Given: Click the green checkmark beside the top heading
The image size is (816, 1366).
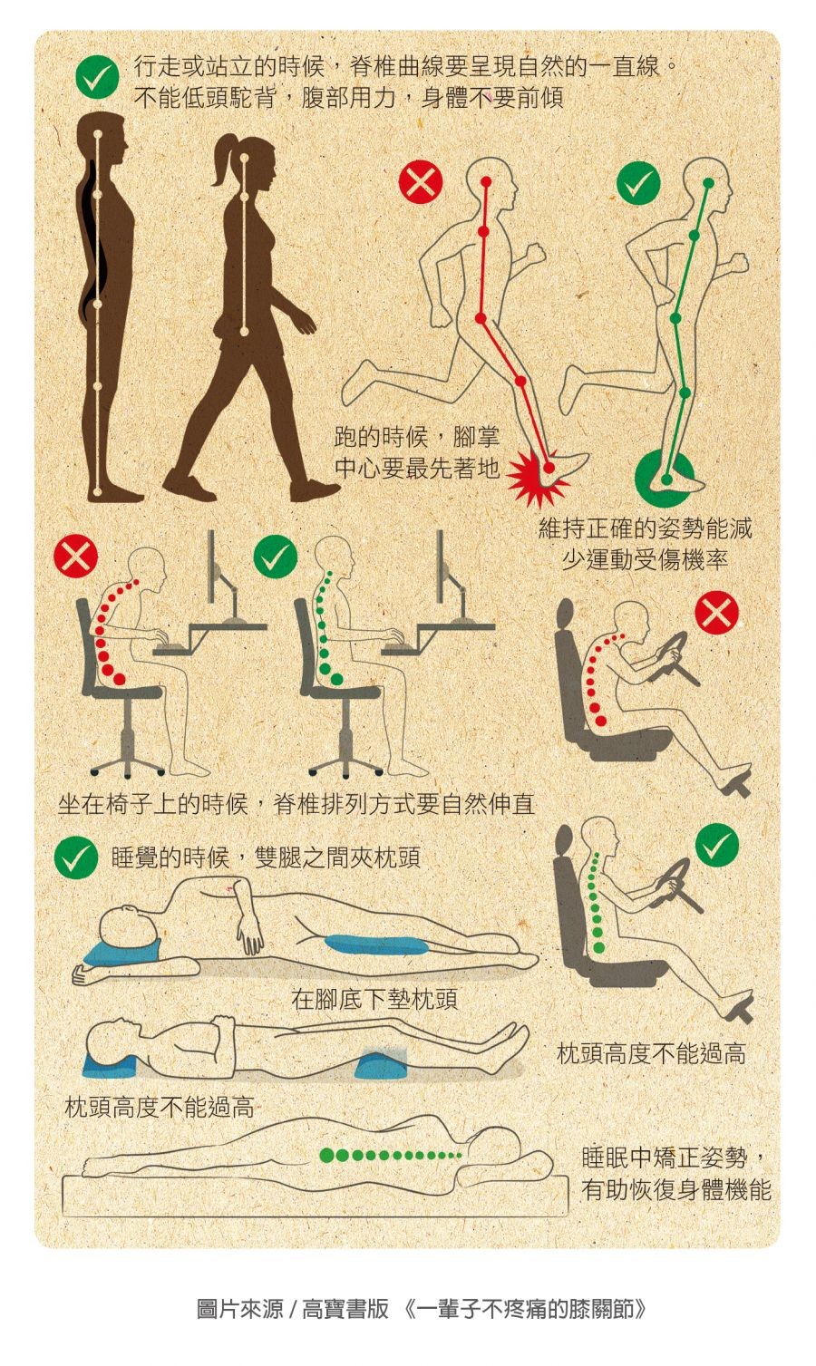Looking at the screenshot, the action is pos(97,75).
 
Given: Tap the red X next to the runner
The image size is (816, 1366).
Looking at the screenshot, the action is pos(421,181).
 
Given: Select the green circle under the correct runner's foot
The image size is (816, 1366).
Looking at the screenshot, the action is pos(664,480).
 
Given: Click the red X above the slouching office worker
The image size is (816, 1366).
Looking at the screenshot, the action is pos(75,557).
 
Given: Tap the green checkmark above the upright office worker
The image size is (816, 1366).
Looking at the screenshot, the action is pos(275,557).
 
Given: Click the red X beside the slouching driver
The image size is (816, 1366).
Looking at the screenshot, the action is pos(716,612).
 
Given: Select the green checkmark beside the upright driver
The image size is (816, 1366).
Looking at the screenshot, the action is pos(717,845).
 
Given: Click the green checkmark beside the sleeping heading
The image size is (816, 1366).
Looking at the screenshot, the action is pos(75,857).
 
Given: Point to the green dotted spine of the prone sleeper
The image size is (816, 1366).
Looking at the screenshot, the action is pos(391,1155).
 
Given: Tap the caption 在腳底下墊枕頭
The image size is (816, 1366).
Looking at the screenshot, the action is pos(374,999).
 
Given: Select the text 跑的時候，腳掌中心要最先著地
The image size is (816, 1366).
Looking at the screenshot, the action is pos(417,452).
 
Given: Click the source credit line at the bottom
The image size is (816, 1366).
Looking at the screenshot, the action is pos(422,1308).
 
